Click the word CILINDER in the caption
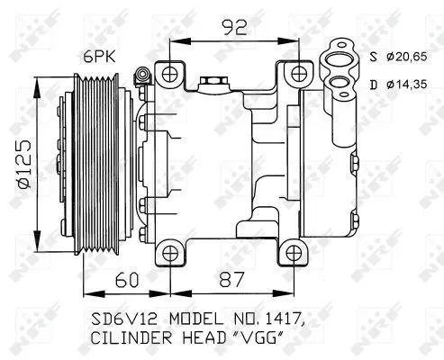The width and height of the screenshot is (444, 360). (130, 339)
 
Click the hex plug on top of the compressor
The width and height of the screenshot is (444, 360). (213, 85)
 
